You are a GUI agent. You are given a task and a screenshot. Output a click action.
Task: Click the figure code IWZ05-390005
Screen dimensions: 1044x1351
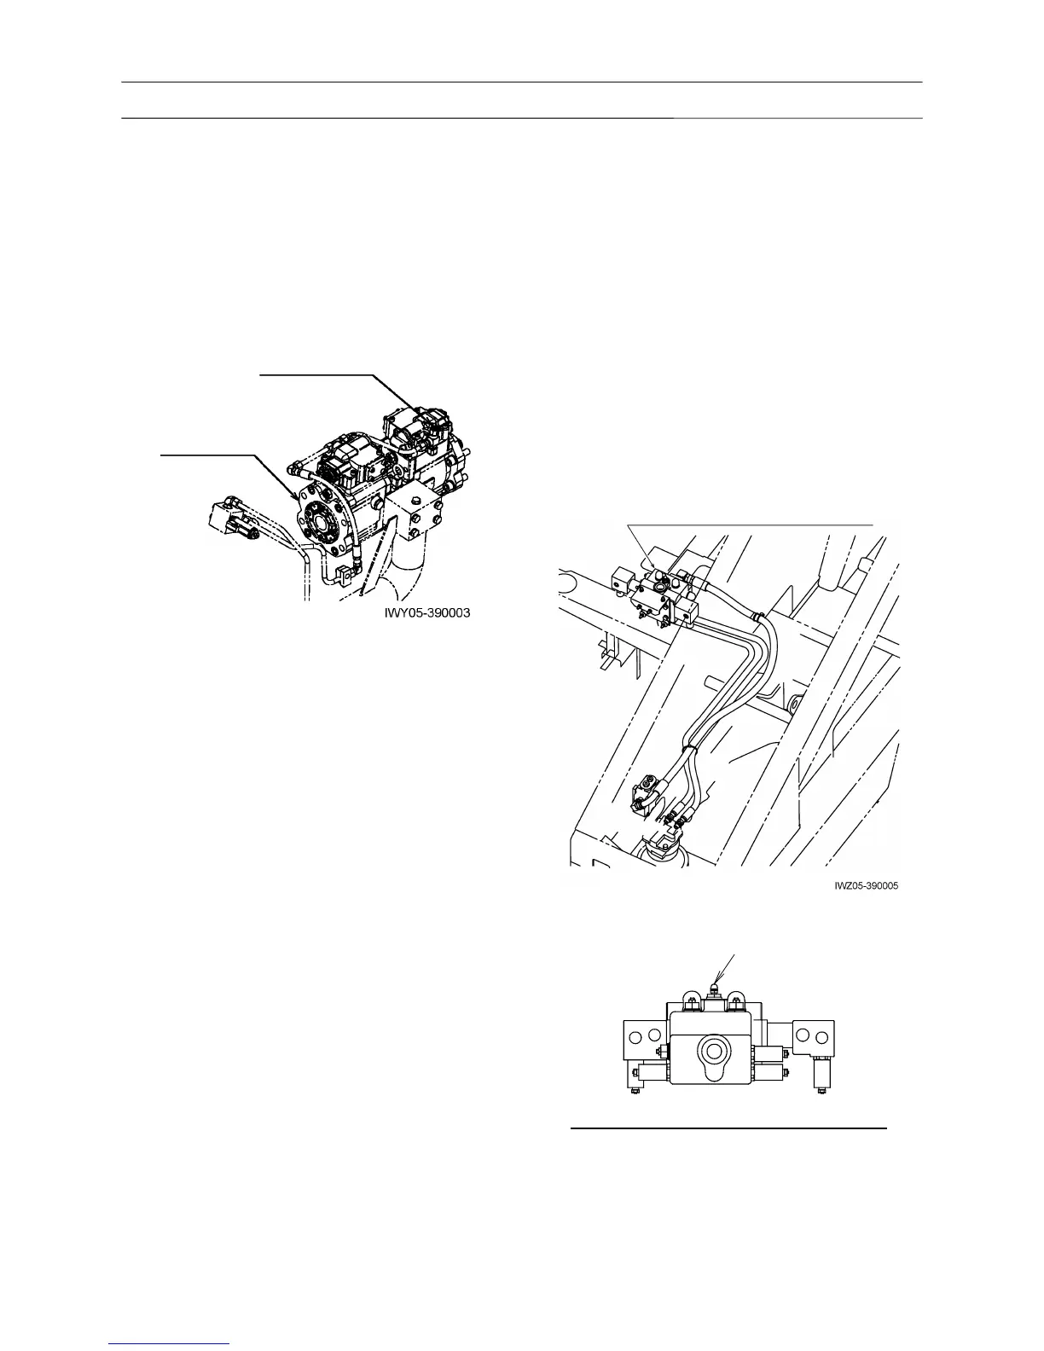pyautogui.click(x=866, y=886)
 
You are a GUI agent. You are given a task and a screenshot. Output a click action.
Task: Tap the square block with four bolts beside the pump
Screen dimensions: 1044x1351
pyautogui.click(x=416, y=516)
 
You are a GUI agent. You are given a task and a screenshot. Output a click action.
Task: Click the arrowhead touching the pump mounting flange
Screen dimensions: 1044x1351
pyautogui.click(x=298, y=495)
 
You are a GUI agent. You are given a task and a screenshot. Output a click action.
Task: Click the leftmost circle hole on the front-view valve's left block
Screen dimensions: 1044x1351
pyautogui.click(x=635, y=1036)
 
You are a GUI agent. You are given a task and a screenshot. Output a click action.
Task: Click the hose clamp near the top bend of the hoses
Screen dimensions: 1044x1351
pyautogui.click(x=754, y=613)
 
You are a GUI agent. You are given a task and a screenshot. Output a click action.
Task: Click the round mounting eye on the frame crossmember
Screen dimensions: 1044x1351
pyautogui.click(x=792, y=704)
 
